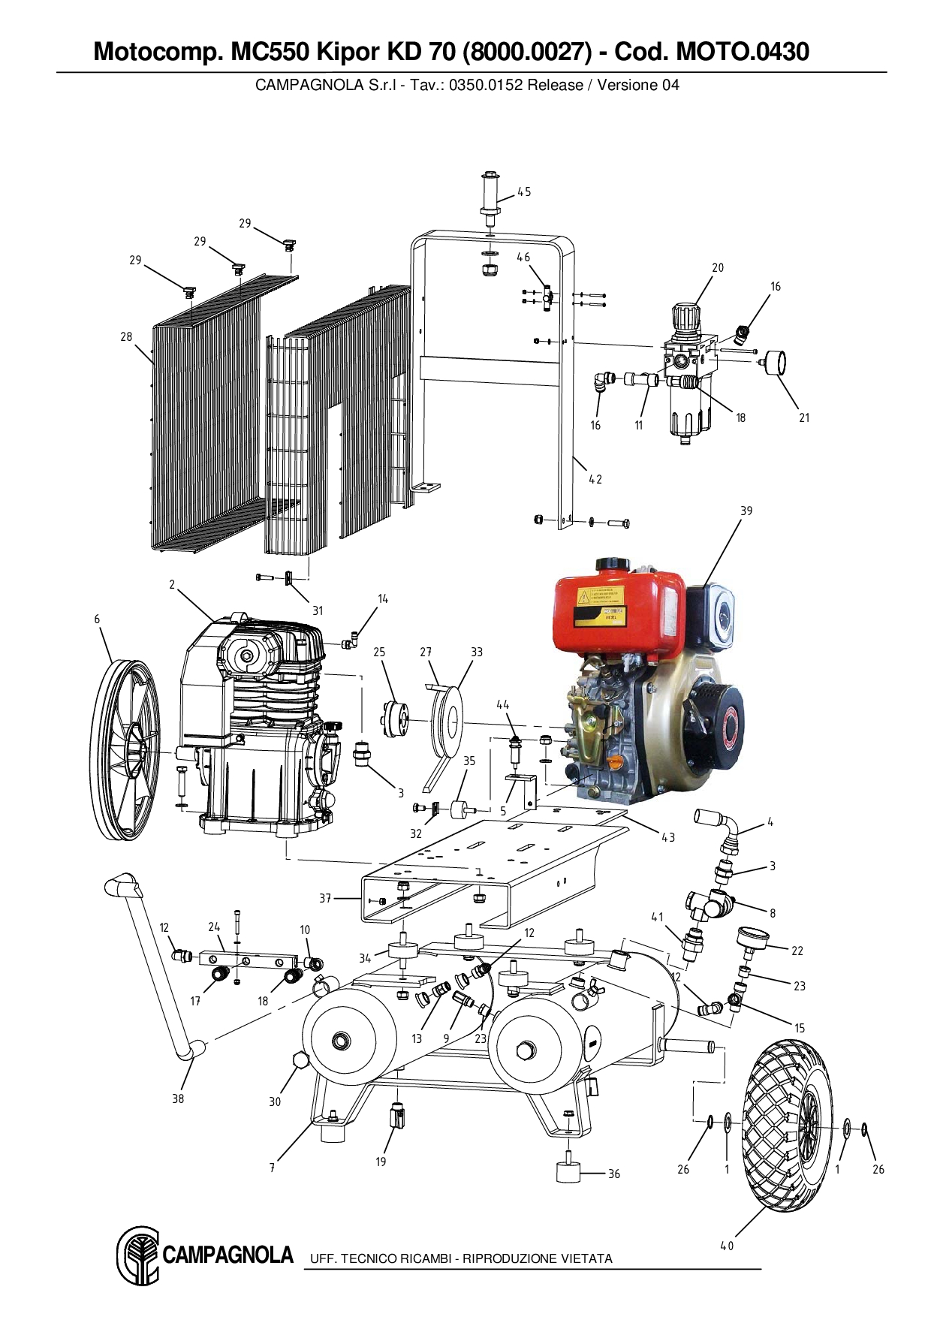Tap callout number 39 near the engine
746,511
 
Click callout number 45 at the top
524,191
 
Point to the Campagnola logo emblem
137,1256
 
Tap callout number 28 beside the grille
126,337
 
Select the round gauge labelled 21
775,363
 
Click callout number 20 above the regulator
718,267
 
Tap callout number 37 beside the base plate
325,898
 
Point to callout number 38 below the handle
178,1099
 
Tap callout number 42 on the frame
595,479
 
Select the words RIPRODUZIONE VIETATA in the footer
538,1258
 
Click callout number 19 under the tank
381,1162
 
